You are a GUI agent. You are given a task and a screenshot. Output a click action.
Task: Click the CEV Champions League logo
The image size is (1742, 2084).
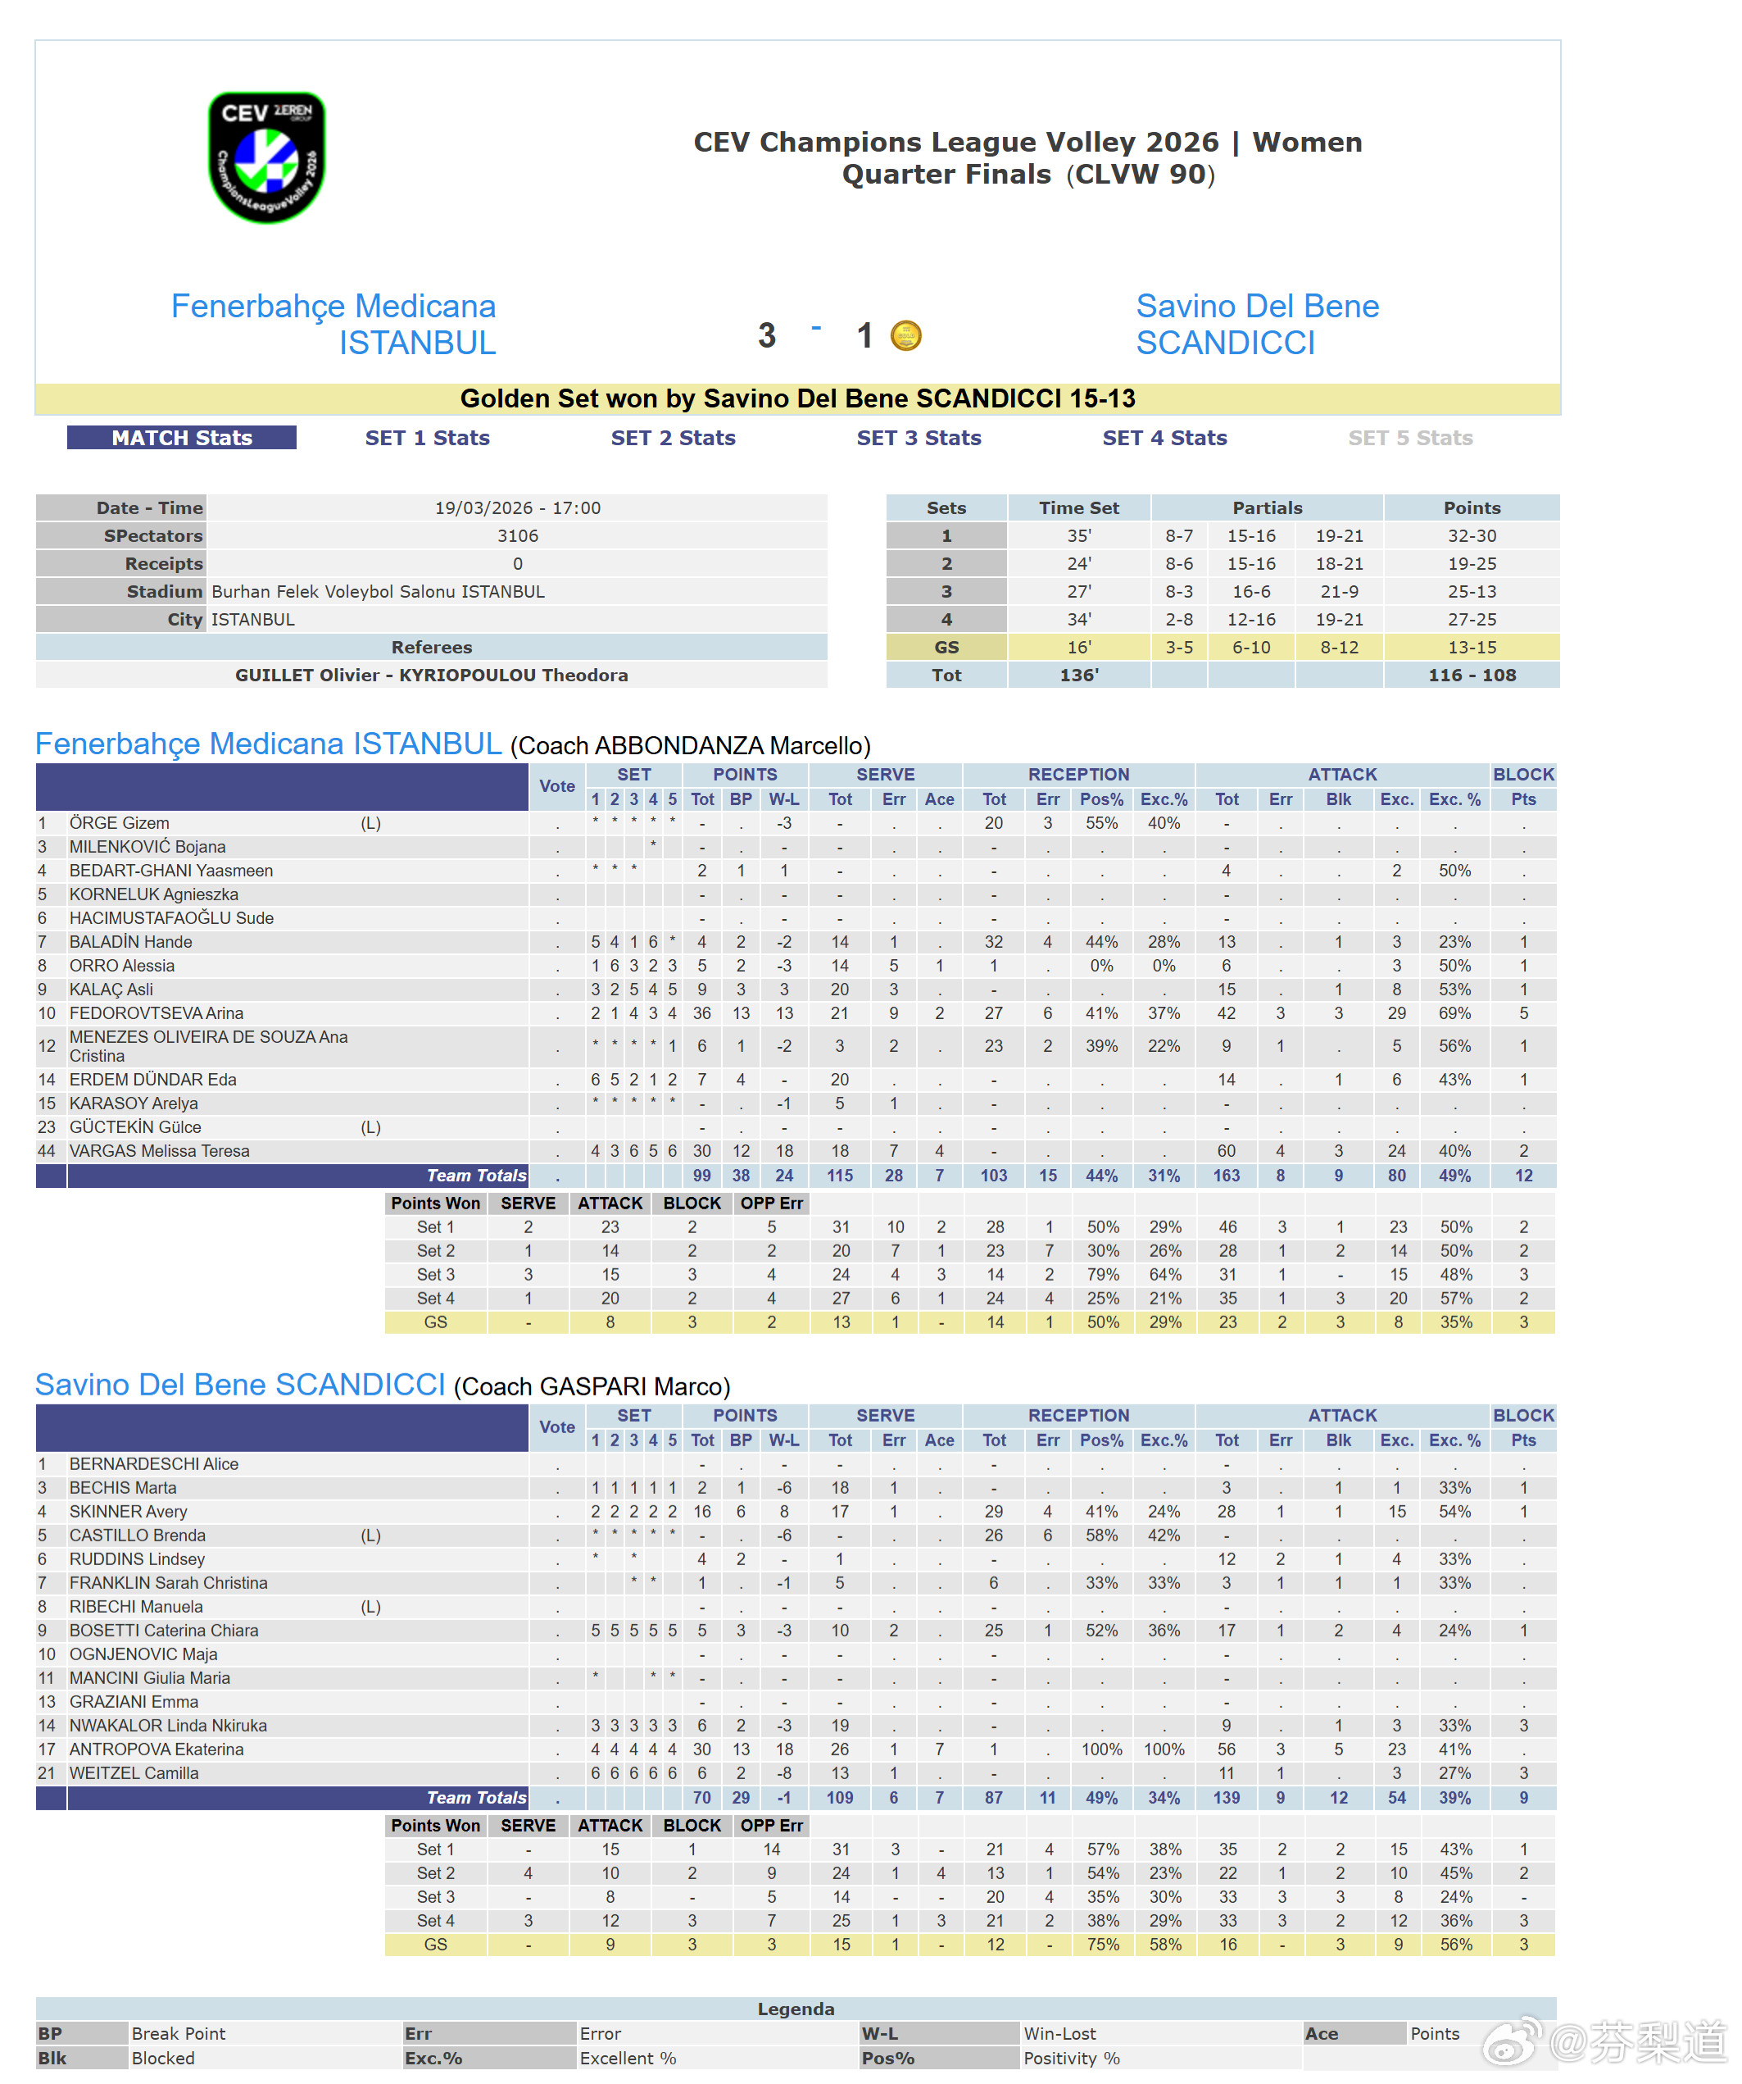[x=265, y=157]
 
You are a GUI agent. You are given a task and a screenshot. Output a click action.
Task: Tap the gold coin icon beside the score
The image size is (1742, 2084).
[x=905, y=335]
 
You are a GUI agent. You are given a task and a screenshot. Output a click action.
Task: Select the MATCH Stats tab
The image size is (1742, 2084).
[x=182, y=438]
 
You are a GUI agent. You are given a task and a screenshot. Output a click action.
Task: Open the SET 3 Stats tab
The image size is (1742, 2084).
[x=919, y=438]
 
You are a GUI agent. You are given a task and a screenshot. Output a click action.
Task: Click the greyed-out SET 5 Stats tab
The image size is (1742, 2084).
[x=1409, y=438]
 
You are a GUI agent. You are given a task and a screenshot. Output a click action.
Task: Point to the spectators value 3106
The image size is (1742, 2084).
[x=517, y=536]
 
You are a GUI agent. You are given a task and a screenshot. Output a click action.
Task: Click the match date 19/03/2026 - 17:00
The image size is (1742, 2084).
[x=517, y=508]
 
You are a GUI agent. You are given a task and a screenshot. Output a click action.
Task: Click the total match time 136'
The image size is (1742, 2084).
[x=1078, y=675]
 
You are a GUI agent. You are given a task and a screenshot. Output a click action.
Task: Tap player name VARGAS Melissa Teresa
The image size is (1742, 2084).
[x=159, y=1151]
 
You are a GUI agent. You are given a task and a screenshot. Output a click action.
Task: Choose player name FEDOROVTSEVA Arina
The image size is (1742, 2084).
[x=156, y=1013]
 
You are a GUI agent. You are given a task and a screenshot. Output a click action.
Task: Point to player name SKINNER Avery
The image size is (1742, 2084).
[x=128, y=1512]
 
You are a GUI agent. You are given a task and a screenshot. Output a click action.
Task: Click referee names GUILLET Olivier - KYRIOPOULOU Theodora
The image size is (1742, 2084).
[x=432, y=675]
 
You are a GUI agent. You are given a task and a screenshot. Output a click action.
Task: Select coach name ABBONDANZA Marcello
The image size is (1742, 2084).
[x=691, y=745]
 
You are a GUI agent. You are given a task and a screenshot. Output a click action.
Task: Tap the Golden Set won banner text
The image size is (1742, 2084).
[x=797, y=399]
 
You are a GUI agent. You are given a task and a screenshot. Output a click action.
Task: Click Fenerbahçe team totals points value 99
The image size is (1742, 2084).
[x=701, y=1176]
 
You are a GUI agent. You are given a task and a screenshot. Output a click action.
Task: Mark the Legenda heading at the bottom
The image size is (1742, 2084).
[x=796, y=2009]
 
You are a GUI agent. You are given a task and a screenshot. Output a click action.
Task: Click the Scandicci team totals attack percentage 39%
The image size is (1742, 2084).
[x=1454, y=1798]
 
